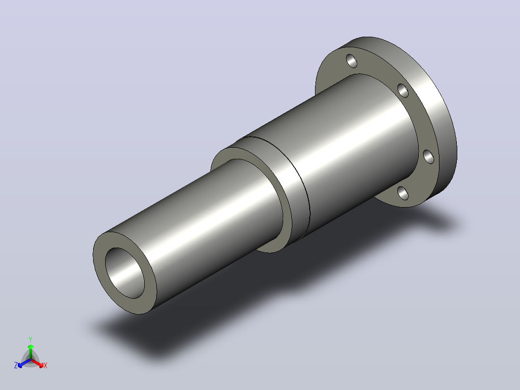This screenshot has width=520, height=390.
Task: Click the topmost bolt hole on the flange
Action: pyautogui.click(x=352, y=61)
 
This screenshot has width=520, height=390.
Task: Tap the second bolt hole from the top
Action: pyautogui.click(x=403, y=91)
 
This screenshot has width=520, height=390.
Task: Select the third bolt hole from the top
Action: pyautogui.click(x=428, y=157)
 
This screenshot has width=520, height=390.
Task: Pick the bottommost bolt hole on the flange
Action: pyautogui.click(x=403, y=193)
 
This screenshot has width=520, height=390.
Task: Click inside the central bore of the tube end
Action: pyautogui.click(x=124, y=273)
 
